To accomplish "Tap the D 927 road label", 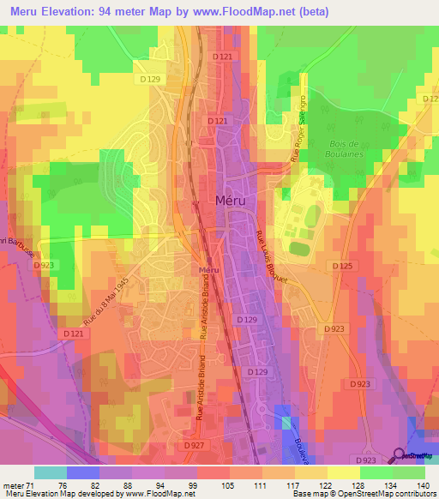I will click(194, 446).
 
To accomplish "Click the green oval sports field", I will click(299, 249).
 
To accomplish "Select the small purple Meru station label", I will click(203, 270).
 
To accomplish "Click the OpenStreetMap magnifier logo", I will click(399, 455).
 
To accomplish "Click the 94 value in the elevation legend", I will click(159, 484).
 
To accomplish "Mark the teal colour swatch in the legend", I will click(50, 472).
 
